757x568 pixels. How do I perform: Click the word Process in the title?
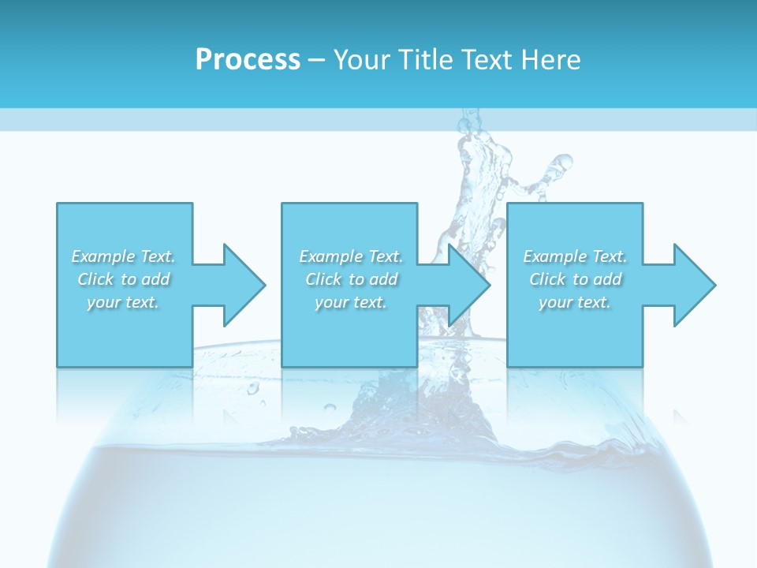tap(248, 60)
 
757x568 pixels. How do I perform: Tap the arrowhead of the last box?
tap(693, 285)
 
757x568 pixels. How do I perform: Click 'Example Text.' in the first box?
tap(123, 256)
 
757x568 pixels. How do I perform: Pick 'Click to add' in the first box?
tap(123, 279)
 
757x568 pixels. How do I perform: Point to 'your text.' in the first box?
tap(123, 302)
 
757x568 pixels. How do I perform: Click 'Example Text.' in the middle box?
tap(351, 256)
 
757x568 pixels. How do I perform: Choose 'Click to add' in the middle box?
tap(351, 279)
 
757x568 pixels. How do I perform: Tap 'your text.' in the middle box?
tap(351, 302)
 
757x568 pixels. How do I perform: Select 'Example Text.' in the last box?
tap(575, 256)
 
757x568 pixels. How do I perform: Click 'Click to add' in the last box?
tap(575, 279)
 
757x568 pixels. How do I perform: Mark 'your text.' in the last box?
tap(575, 302)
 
